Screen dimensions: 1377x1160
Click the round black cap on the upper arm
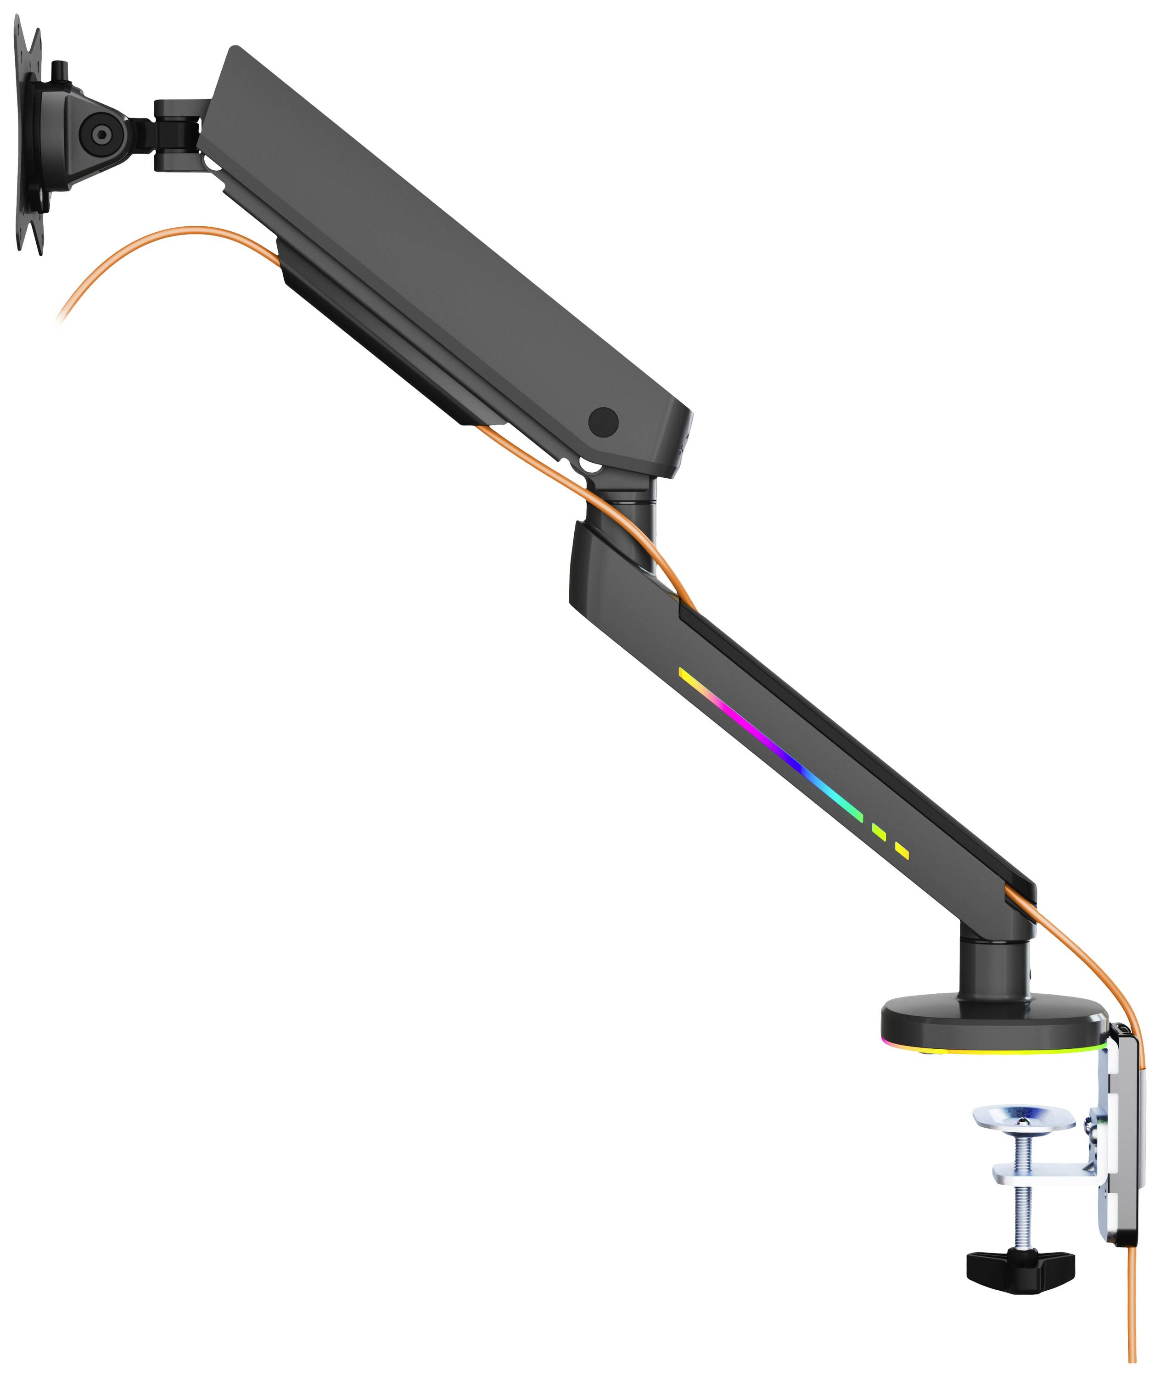coord(603,421)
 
